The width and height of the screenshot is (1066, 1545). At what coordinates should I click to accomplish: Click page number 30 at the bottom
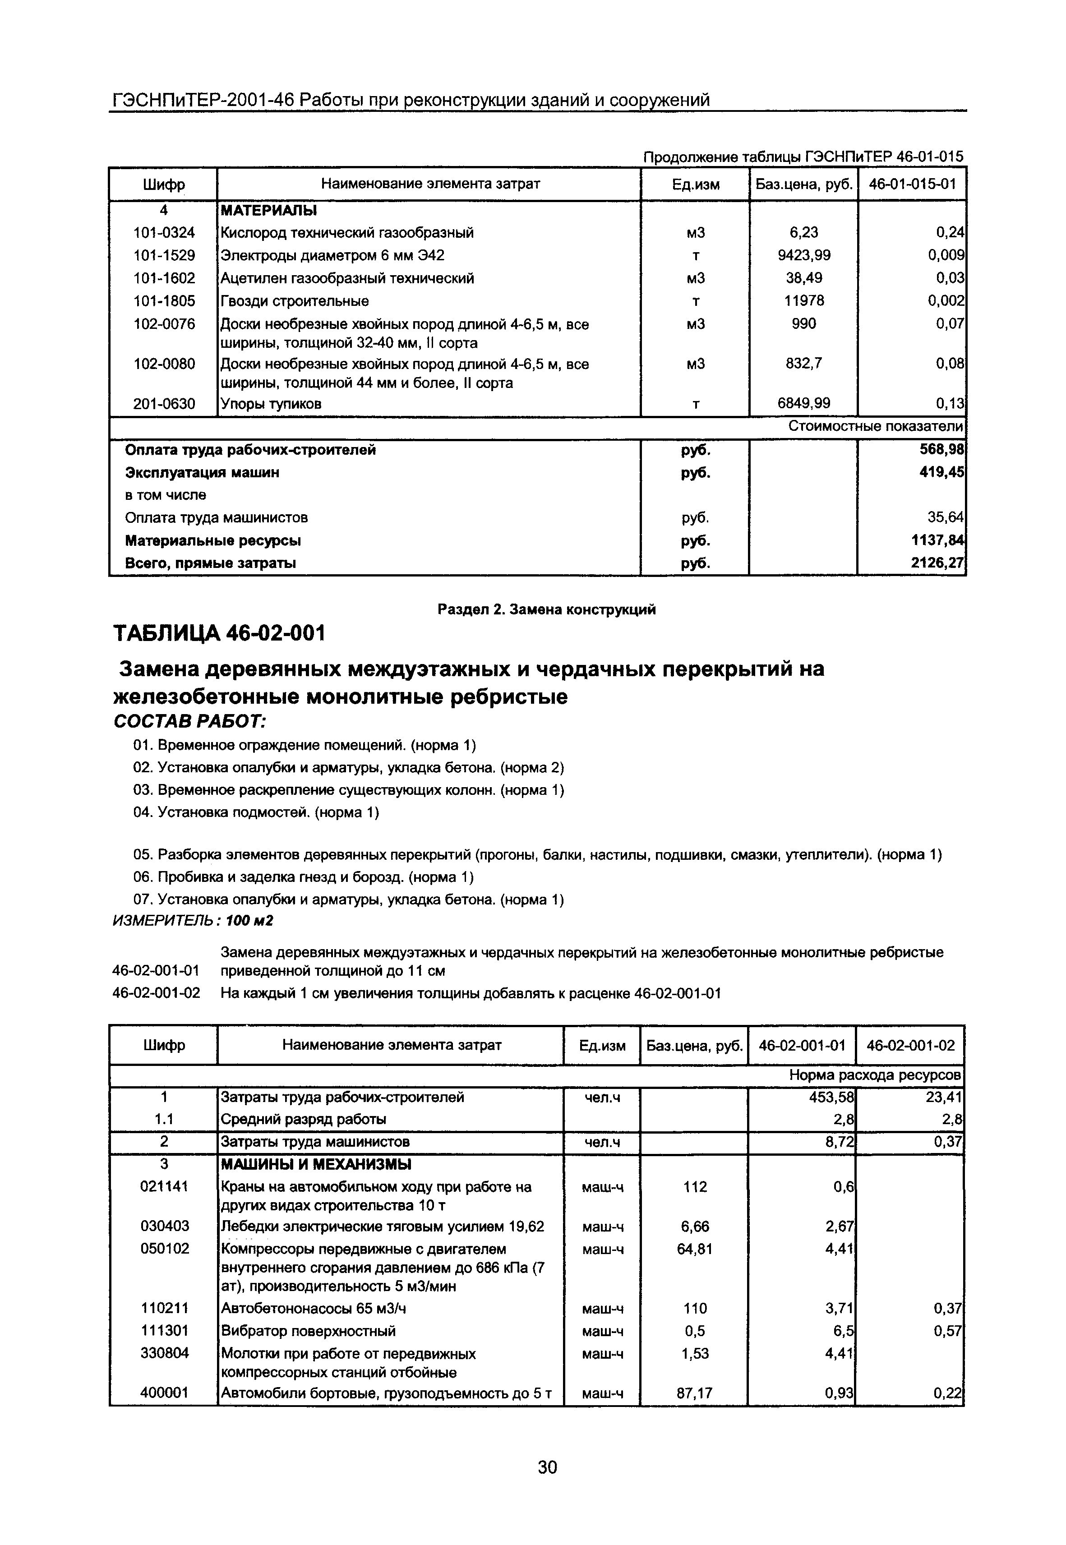click(x=547, y=1467)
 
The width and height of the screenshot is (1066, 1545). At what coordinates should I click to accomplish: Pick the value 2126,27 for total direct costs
click(x=938, y=563)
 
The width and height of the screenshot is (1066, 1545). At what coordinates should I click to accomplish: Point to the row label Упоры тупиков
click(x=271, y=404)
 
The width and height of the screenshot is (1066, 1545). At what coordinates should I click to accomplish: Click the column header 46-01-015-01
click(x=912, y=184)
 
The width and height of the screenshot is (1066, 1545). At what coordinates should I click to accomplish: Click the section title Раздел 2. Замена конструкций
click(x=546, y=609)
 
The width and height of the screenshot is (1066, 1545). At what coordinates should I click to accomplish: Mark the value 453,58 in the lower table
click(x=831, y=1097)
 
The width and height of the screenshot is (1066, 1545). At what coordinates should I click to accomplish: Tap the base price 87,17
click(x=695, y=1393)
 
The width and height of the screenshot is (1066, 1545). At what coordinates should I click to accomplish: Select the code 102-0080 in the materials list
click(x=164, y=364)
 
